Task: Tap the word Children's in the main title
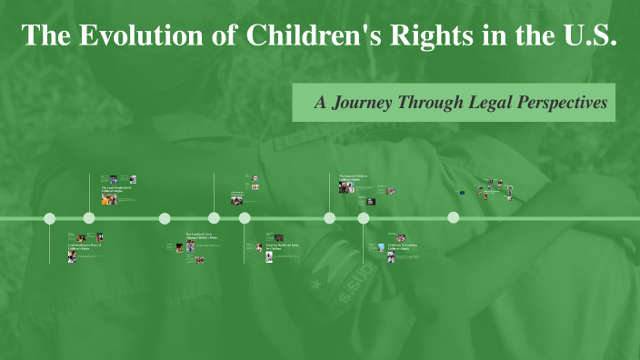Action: coord(305,36)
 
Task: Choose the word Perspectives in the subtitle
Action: coord(563,103)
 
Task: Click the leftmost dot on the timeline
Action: coord(50,218)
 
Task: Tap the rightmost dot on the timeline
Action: coord(454,217)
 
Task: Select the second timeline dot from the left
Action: coord(89,218)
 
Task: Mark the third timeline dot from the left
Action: coord(165,218)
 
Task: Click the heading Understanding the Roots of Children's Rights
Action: coord(87,246)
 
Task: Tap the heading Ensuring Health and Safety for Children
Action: coord(283,247)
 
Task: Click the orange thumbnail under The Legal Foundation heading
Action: coord(109,199)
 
